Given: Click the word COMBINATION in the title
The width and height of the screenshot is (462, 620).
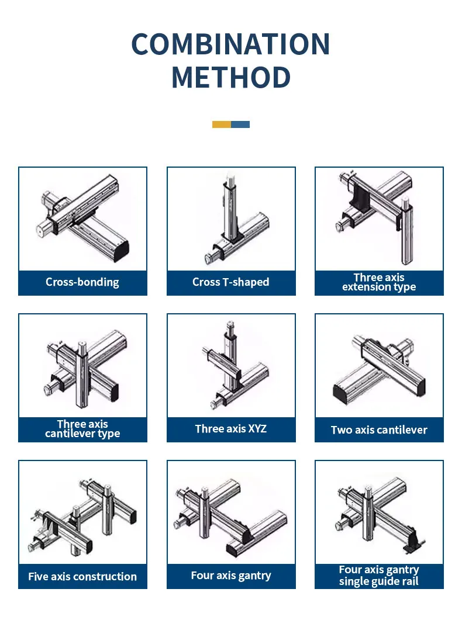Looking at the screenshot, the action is point(230,44).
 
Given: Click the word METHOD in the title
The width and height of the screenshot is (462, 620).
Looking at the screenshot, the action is point(232,77).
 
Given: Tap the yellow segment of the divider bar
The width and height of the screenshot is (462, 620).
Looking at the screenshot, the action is point(222,124).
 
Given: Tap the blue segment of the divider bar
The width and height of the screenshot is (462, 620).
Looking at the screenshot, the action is point(240,124).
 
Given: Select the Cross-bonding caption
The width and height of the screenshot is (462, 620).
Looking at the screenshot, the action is point(82,282).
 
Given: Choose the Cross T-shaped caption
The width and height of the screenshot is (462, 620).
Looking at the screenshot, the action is point(231,282).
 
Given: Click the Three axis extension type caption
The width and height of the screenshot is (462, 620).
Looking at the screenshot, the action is point(379,282).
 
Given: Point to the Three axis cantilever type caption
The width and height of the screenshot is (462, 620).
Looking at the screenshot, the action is point(82,429).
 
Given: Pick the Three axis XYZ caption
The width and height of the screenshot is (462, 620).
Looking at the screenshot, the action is point(231,428).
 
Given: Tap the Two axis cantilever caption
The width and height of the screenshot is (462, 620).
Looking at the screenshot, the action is point(379,430).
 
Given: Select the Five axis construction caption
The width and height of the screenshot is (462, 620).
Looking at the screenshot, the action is point(82,577).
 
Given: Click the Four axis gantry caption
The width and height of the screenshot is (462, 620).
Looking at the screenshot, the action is point(231,576).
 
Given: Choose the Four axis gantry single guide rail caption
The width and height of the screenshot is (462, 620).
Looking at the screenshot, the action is point(379,576).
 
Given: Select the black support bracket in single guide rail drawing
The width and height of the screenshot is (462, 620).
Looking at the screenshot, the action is point(413,542).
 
